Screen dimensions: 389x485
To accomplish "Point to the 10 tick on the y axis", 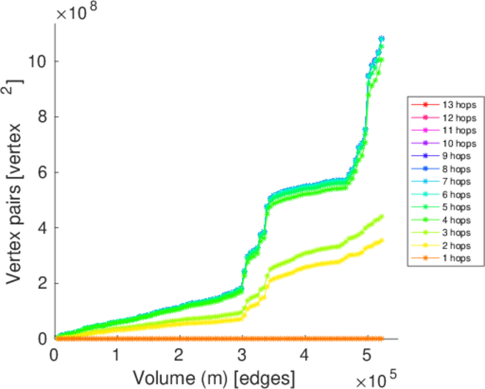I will pyautogui.click(x=37, y=62).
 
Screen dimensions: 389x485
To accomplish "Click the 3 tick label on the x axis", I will pyautogui.click(x=242, y=356).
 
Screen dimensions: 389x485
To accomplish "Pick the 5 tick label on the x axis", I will pyautogui.click(x=367, y=356).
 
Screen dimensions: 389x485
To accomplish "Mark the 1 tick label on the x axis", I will pyautogui.click(x=117, y=356).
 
